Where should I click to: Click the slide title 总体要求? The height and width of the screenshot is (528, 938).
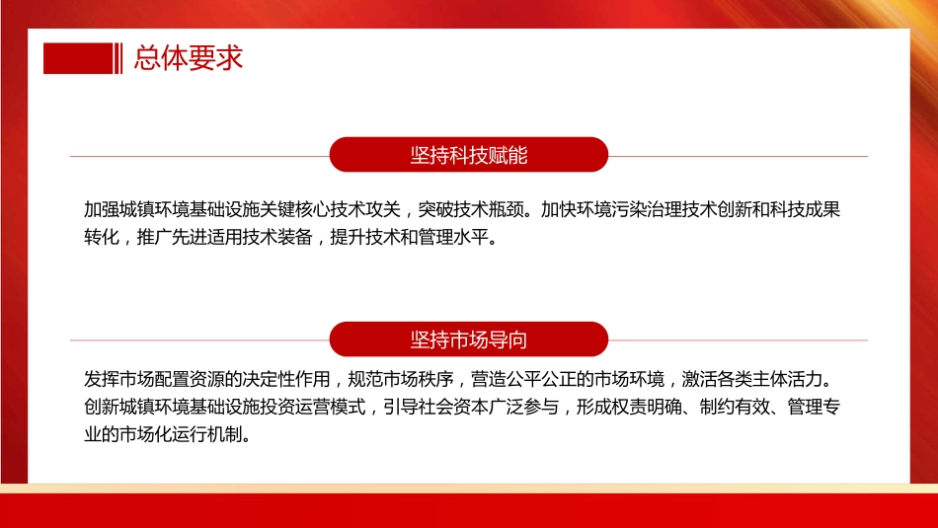[189, 59]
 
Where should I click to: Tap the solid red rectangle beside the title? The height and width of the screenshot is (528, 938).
[78, 59]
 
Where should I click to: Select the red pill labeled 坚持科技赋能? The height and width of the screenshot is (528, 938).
[468, 155]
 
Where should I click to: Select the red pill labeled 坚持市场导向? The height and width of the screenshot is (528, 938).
[468, 339]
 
